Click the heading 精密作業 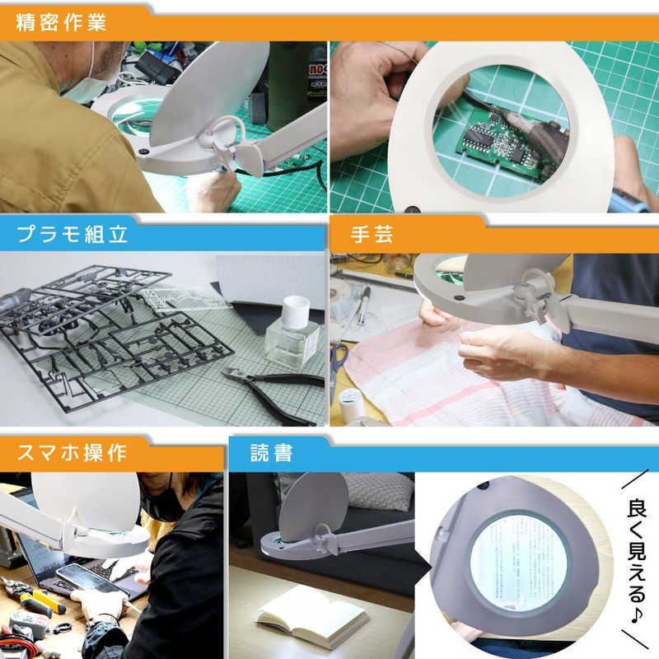tap(62, 21)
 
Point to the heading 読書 tap(273, 452)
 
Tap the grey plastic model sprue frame tap(107, 329)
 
